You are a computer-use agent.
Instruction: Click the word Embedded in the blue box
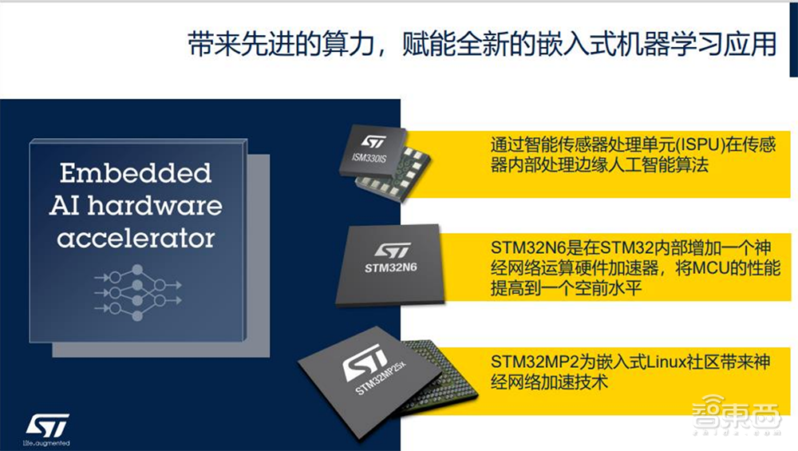[x=136, y=173]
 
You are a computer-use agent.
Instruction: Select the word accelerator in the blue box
[x=136, y=237]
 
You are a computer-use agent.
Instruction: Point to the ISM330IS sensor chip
[x=388, y=160]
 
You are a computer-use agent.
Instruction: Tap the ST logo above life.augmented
[x=47, y=424]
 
